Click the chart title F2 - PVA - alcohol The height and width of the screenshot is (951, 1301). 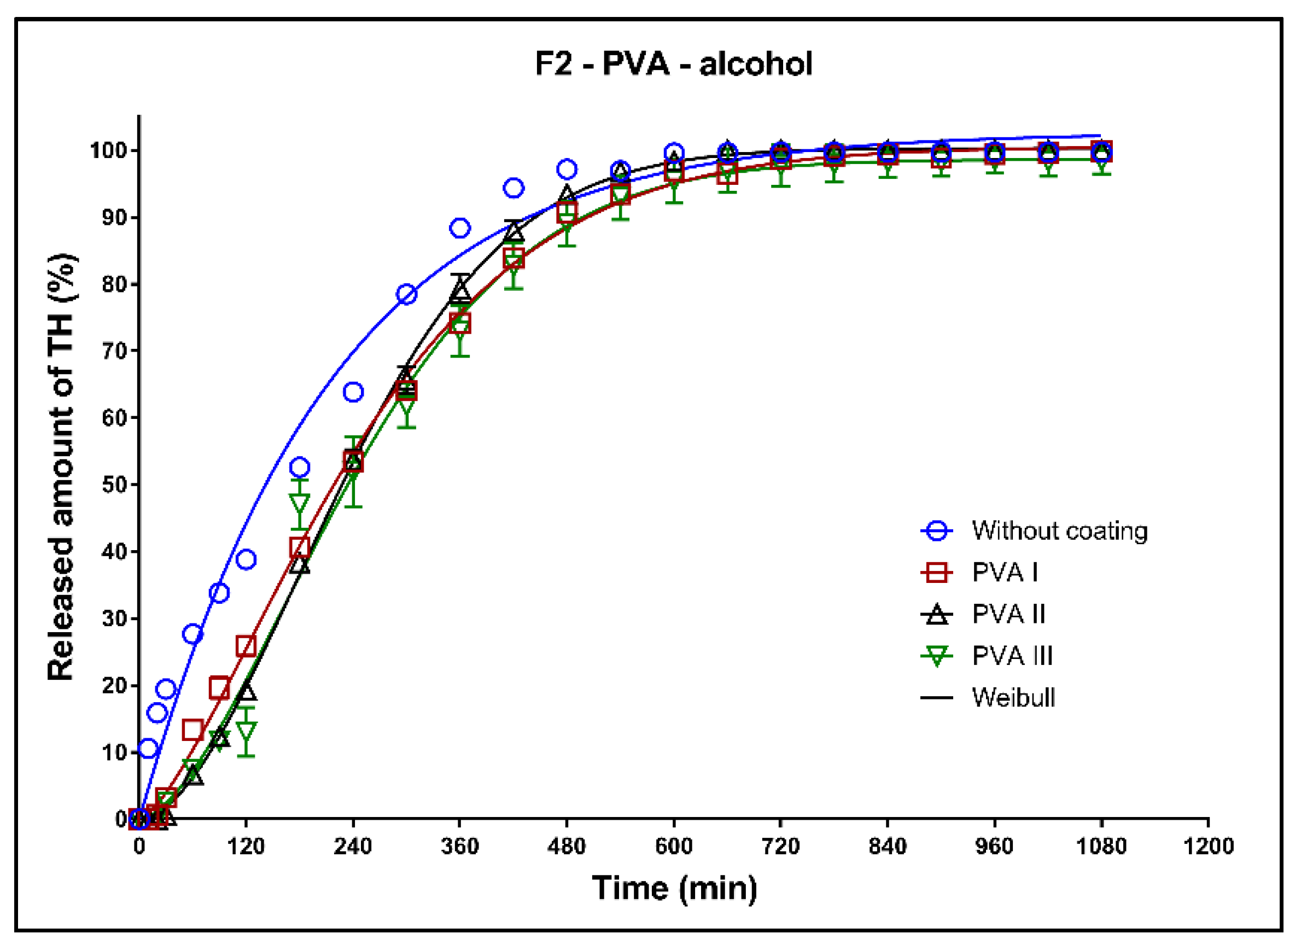(x=674, y=63)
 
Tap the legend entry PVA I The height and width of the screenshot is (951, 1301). (x=1004, y=572)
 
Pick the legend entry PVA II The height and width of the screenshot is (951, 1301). (x=1008, y=614)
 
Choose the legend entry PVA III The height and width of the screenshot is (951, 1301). (x=1012, y=656)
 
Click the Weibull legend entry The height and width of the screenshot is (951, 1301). (x=1013, y=698)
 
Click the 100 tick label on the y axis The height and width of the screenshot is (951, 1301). (x=108, y=151)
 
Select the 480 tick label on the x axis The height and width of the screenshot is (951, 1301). (x=567, y=847)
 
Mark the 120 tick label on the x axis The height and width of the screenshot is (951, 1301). (x=246, y=847)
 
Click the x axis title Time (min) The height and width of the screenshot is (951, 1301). (x=674, y=888)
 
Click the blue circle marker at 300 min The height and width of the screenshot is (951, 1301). (x=406, y=295)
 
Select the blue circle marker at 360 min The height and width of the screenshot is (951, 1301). (x=460, y=228)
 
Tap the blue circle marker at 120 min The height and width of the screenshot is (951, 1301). (x=246, y=559)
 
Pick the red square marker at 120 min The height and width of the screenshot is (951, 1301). (x=246, y=646)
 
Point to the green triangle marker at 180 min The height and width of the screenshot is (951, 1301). (x=299, y=504)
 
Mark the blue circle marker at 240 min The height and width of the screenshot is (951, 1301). (x=353, y=393)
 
